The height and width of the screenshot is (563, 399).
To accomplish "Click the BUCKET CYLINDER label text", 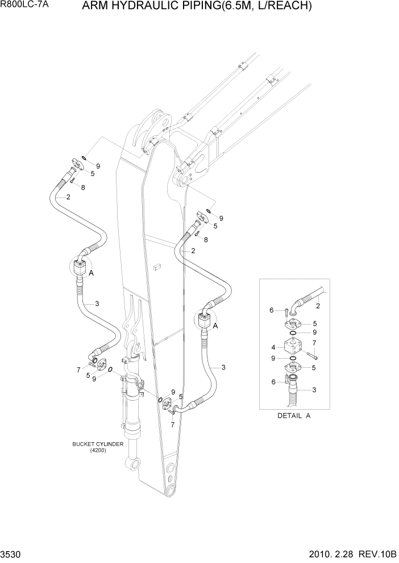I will (x=98, y=444).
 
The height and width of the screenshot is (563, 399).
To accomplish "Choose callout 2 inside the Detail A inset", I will (x=318, y=306).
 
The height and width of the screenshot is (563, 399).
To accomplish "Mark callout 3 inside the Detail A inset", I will (x=314, y=390).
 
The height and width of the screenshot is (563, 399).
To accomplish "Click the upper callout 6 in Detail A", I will (x=273, y=310).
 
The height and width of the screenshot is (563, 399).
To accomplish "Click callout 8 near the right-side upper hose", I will (x=206, y=240).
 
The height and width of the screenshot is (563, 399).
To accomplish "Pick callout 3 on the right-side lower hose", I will (x=223, y=368).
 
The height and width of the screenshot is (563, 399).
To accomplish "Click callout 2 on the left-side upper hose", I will (x=68, y=197).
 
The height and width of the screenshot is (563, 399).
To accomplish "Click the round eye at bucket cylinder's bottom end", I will (x=135, y=465).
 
